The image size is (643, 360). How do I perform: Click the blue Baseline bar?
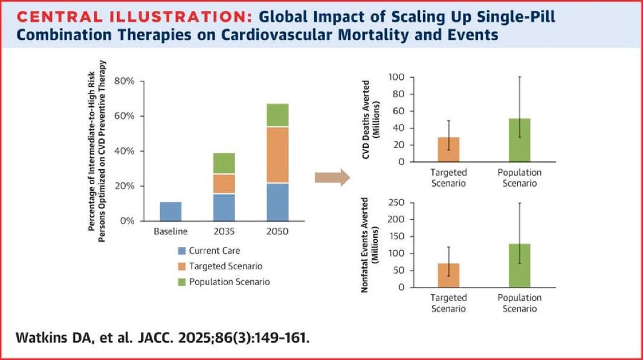pos(171,211)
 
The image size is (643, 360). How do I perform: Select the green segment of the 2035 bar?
pos(224,163)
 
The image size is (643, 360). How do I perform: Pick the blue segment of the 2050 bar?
pos(278,202)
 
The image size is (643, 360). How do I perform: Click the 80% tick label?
pos(124,82)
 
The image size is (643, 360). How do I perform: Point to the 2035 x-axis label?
pos(224,232)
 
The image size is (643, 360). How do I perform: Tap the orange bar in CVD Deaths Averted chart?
pos(448,150)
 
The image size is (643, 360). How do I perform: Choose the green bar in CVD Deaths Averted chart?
pos(520,140)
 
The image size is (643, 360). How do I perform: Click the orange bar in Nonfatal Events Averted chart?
pos(448,275)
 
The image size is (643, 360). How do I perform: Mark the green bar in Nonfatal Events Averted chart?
pos(520,266)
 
